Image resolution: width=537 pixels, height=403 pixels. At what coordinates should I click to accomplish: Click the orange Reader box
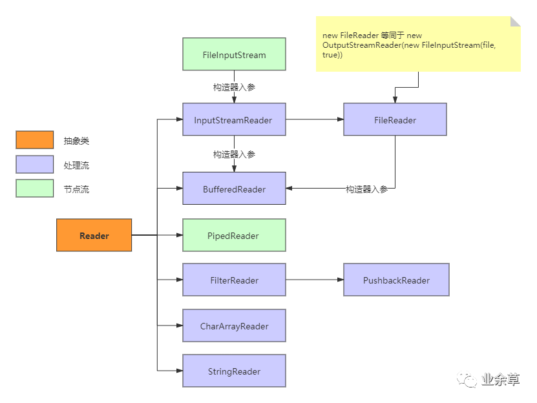tap(94, 235)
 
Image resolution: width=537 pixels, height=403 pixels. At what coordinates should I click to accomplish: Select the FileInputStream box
tap(234, 55)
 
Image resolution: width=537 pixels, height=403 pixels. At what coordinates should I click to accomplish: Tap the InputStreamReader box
tap(234, 119)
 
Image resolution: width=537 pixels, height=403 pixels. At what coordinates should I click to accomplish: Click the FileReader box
tap(395, 119)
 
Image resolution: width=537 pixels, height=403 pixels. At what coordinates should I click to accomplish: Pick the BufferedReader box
tap(234, 189)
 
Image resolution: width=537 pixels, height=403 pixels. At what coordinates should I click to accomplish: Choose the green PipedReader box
tap(234, 235)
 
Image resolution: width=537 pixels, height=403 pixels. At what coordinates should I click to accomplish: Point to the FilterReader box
tap(234, 280)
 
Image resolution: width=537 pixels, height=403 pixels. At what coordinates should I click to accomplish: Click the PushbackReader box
tap(396, 280)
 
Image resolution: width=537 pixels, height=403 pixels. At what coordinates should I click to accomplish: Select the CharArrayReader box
tap(234, 325)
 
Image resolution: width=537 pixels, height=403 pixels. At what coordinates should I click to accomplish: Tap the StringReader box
tap(234, 371)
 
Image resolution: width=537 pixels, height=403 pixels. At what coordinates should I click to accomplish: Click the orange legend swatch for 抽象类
tap(35, 140)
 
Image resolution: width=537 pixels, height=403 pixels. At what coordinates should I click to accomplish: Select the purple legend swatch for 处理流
tap(35, 164)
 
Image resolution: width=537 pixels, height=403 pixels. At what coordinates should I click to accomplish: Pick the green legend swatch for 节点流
tap(35, 188)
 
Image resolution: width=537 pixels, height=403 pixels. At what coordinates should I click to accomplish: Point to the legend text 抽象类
tap(76, 141)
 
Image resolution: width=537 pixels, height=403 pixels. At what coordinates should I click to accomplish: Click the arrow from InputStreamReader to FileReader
tap(315, 119)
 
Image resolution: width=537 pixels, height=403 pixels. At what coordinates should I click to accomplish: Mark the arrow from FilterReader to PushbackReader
tap(315, 280)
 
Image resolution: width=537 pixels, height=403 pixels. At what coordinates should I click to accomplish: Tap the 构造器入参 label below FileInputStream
tap(235, 87)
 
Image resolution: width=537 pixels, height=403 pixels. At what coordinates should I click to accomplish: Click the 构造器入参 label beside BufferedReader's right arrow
tap(367, 189)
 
